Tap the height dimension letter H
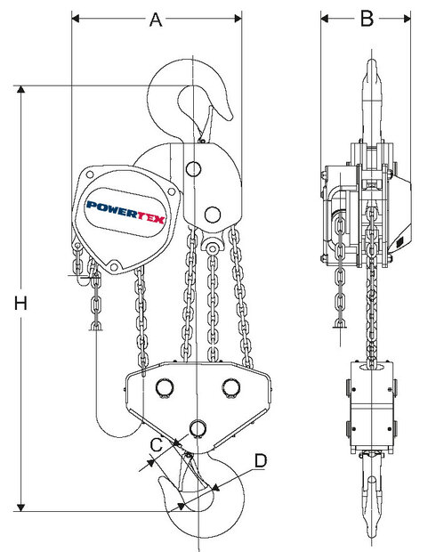pyautogui.click(x=21, y=303)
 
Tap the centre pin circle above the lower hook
pyautogui.click(x=197, y=428)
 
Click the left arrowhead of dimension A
pyautogui.click(x=75, y=19)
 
